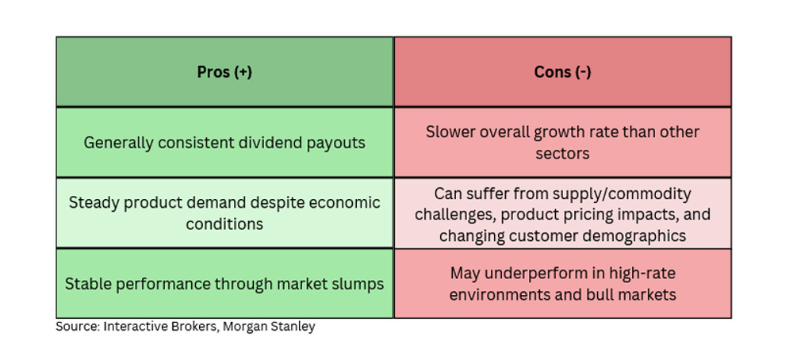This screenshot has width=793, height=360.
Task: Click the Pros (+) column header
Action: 224,72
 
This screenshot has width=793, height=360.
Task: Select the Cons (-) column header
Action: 562,72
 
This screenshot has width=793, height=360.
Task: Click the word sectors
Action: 562,153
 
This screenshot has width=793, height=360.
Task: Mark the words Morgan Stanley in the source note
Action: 269,327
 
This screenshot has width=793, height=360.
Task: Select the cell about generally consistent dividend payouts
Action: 224,142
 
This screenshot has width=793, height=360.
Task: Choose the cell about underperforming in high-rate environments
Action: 562,284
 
